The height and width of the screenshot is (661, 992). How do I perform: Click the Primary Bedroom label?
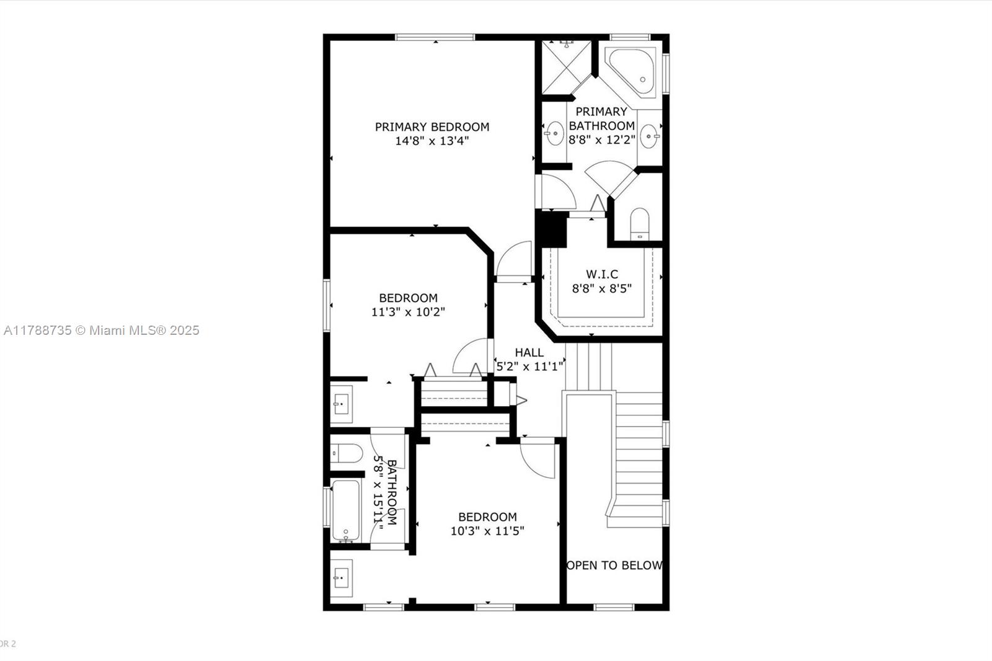[432, 127]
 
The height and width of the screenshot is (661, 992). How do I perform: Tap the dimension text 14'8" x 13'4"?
[432, 141]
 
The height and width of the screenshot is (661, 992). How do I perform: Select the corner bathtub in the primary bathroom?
[631, 73]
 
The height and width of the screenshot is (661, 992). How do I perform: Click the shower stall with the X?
[567, 68]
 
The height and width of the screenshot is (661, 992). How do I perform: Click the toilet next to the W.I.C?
[639, 224]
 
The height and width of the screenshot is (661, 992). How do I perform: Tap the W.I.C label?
[602, 274]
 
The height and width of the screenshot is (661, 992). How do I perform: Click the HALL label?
[529, 353]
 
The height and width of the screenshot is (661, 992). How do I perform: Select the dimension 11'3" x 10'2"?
[408, 312]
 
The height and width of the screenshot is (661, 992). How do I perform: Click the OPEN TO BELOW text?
[614, 566]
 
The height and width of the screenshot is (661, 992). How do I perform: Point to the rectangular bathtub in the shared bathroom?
[345, 511]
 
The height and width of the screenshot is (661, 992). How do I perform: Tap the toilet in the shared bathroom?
[347, 453]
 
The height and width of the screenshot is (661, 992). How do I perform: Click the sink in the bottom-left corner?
[342, 578]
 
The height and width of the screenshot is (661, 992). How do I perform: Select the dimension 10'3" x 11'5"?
[487, 531]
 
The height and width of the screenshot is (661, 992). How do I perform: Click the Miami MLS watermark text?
[102, 331]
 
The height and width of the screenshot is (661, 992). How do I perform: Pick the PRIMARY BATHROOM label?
[601, 118]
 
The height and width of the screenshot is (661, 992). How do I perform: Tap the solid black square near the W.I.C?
[551, 229]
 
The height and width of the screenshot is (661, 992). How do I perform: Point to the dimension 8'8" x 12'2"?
[602, 140]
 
